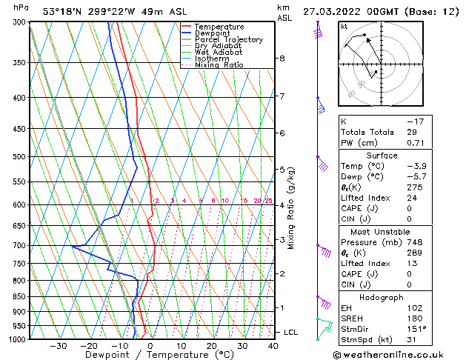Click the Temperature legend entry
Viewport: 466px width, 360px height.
[x=219, y=27]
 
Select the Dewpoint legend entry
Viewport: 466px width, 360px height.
[x=214, y=33]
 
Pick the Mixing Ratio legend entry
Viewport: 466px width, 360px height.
[x=219, y=65]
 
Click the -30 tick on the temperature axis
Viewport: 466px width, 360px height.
[x=58, y=345]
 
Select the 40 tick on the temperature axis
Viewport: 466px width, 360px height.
[x=273, y=345]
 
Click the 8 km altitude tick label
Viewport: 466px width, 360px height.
[x=282, y=59]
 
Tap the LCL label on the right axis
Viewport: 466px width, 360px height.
[x=290, y=333]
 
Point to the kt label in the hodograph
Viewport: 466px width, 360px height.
[x=344, y=27]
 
